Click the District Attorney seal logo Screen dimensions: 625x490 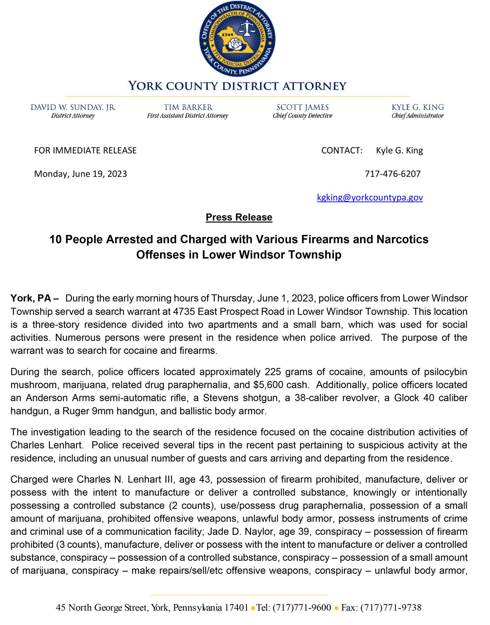[x=237, y=39]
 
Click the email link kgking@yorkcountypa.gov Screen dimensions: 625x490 [x=370, y=197]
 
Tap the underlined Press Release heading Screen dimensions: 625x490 [x=239, y=217]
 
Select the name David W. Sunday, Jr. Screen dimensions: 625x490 [x=73, y=107]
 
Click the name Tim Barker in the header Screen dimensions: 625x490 [x=188, y=107]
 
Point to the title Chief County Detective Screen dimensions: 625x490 [x=302, y=116]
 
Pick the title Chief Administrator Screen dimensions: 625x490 [x=417, y=116]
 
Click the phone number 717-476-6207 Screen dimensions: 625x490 [x=392, y=174]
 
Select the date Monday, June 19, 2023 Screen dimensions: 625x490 [x=81, y=174]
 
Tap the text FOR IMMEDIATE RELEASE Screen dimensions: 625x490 [x=85, y=150]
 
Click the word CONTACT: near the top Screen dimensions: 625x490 [x=342, y=150]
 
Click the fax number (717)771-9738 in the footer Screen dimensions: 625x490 [x=391, y=607]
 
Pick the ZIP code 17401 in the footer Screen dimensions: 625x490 [x=236, y=607]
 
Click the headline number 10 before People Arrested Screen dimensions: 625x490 [x=56, y=239]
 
